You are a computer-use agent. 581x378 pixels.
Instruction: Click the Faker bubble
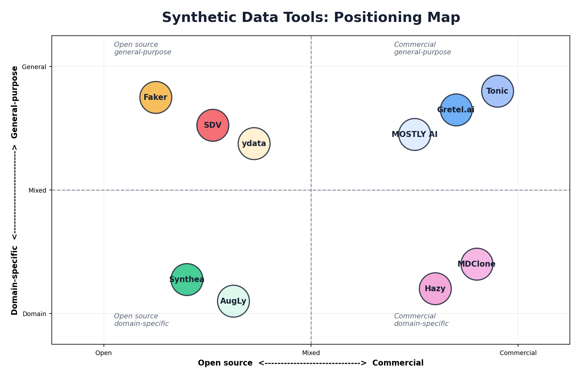pyautogui.click(x=156, y=97)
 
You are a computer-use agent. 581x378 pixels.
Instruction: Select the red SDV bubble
pyautogui.click(x=213, y=125)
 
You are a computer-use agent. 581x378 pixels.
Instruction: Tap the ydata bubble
pyautogui.click(x=254, y=143)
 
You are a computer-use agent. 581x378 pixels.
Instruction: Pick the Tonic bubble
pyautogui.click(x=497, y=91)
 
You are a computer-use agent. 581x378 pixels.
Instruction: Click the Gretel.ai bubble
pyautogui.click(x=456, y=110)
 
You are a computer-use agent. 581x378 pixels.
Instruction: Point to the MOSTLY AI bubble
pyautogui.click(x=415, y=134)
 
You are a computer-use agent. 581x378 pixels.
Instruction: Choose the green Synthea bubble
pyautogui.click(x=187, y=279)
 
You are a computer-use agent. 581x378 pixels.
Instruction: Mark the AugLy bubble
pyautogui.click(x=233, y=301)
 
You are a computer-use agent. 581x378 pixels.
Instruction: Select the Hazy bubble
pyautogui.click(x=435, y=289)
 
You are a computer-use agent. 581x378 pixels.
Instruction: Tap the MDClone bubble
pyautogui.click(x=476, y=264)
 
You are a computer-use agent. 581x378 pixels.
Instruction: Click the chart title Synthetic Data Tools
pyautogui.click(x=311, y=17)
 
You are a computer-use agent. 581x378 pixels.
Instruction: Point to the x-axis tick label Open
pyautogui.click(x=104, y=353)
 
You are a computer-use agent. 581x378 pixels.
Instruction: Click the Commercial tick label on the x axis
pyautogui.click(x=518, y=353)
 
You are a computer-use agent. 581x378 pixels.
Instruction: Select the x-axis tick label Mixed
pyautogui.click(x=311, y=353)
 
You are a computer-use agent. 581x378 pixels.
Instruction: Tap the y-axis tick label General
pyautogui.click(x=34, y=67)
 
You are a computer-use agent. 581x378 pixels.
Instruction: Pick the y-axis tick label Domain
pyautogui.click(x=34, y=314)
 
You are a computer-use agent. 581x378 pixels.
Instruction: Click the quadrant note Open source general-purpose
pyautogui.click(x=143, y=48)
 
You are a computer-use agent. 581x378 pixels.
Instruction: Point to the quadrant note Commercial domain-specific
pyautogui.click(x=421, y=320)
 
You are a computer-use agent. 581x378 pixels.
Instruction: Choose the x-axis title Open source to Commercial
pyautogui.click(x=311, y=363)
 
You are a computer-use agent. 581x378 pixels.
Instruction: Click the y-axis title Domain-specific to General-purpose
pyautogui.click(x=15, y=190)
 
